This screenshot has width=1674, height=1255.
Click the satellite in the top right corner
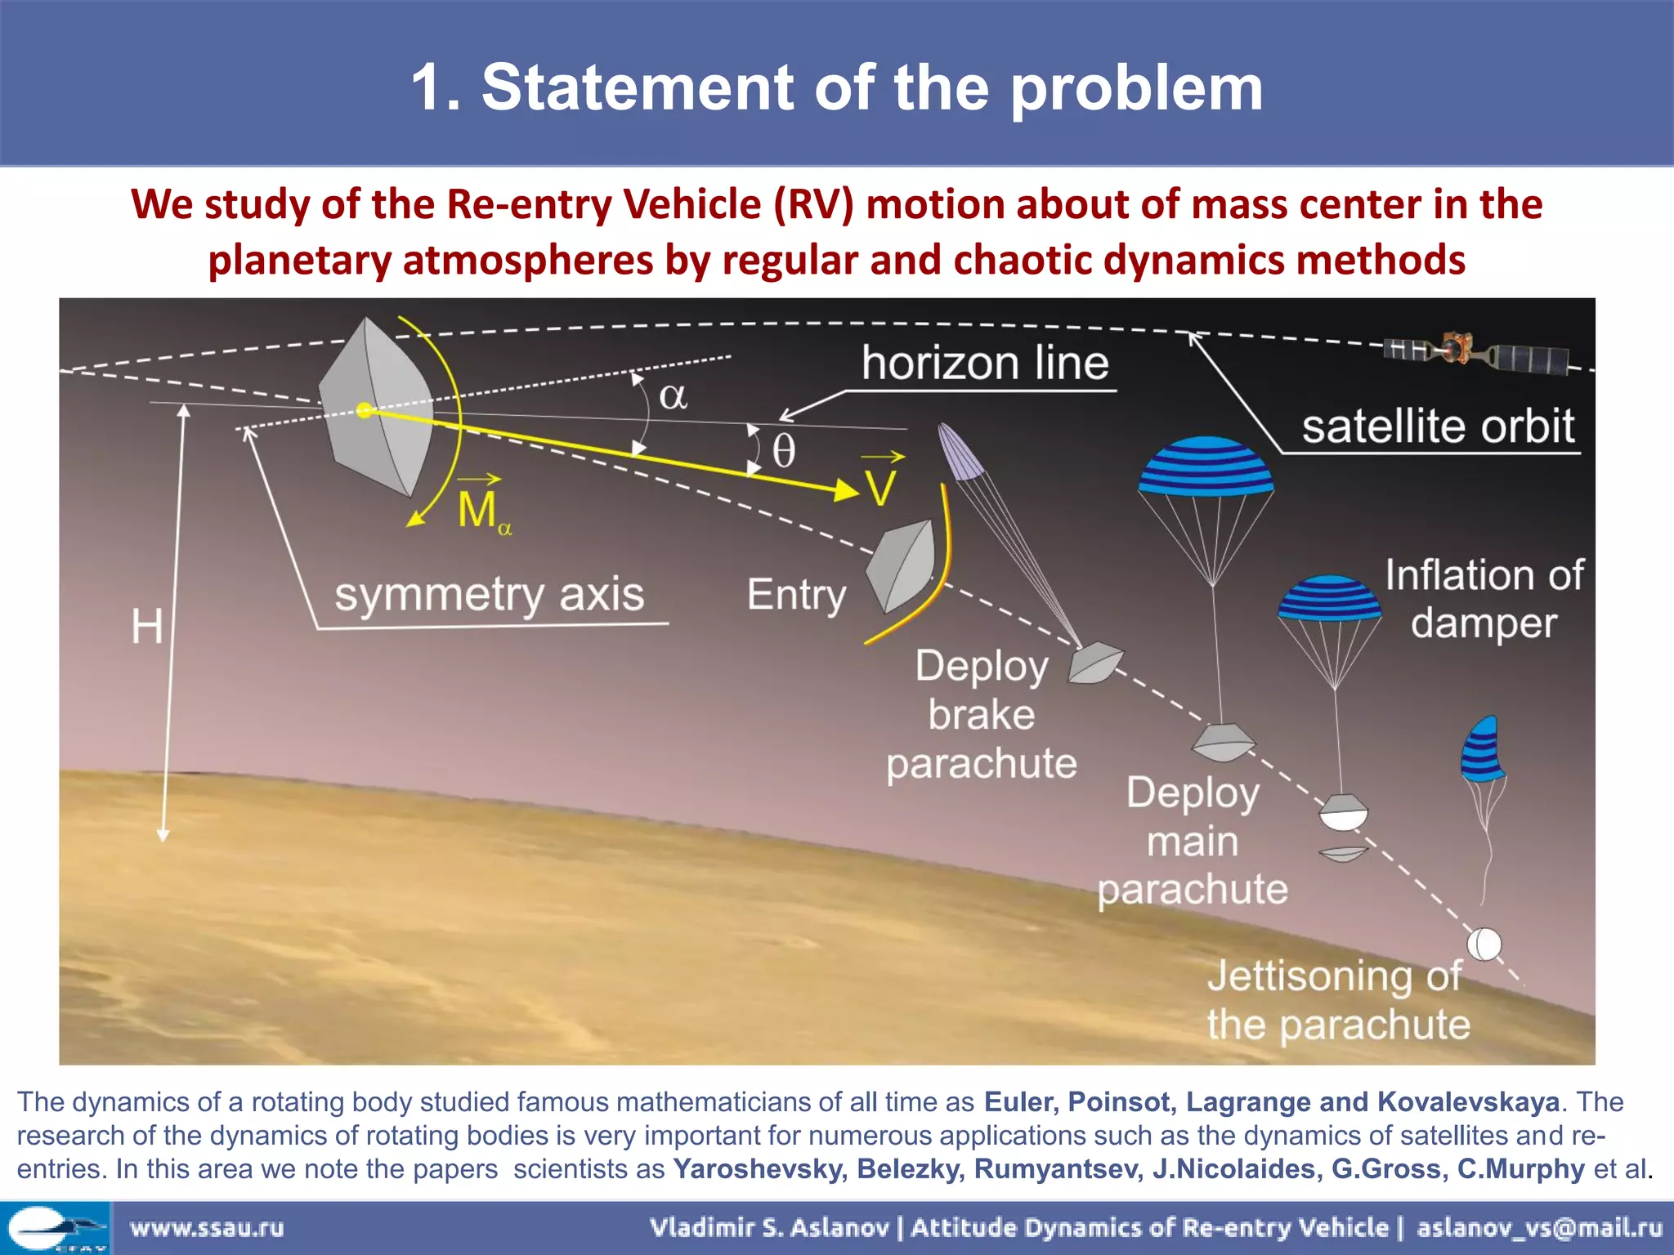(1475, 353)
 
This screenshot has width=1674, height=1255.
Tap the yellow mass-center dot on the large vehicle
(365, 410)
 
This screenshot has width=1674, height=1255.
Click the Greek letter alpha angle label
(673, 397)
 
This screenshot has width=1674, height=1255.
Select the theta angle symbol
(783, 450)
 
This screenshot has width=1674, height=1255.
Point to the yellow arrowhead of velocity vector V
(847, 490)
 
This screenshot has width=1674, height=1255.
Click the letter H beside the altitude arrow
(147, 627)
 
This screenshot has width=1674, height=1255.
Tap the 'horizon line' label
(985, 364)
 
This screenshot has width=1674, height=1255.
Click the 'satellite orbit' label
(1438, 427)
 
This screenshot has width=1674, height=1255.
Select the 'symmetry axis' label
(489, 594)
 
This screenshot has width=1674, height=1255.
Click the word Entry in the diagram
(796, 595)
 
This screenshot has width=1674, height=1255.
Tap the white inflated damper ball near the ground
(1484, 945)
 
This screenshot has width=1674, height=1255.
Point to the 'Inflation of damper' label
(1484, 599)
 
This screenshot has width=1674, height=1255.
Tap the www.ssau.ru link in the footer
(207, 1228)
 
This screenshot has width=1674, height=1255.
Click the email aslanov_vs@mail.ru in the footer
(1539, 1228)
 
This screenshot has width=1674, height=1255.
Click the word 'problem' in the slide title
(1137, 88)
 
